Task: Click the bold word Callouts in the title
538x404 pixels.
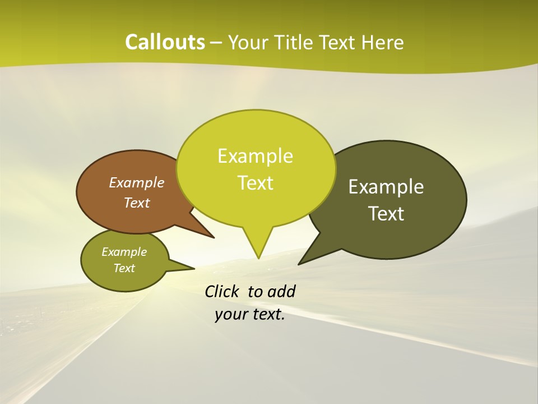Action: pyautogui.click(x=165, y=42)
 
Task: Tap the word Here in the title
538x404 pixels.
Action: pyautogui.click(x=383, y=42)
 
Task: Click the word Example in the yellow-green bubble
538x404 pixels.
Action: pyautogui.click(x=255, y=156)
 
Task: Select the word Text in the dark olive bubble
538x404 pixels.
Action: pyautogui.click(x=387, y=214)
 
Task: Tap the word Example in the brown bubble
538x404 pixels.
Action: pyautogui.click(x=137, y=182)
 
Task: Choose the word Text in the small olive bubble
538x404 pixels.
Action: pyautogui.click(x=124, y=268)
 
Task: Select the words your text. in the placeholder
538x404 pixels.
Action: pyautogui.click(x=250, y=314)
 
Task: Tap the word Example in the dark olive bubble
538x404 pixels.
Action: pyautogui.click(x=386, y=187)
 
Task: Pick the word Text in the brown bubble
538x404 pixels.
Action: pyautogui.click(x=137, y=203)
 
